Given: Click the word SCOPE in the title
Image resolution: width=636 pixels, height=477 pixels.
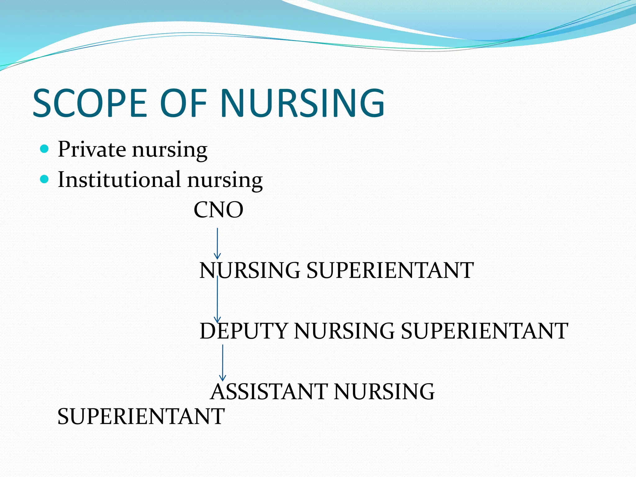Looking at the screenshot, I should [90, 103].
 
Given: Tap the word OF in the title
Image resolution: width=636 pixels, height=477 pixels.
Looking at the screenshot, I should [183, 103].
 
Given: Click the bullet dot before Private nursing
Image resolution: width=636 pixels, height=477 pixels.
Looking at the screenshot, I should [45, 149].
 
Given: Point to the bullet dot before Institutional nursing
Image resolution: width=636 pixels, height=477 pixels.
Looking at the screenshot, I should [45, 179].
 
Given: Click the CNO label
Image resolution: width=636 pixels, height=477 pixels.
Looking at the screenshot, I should [218, 210].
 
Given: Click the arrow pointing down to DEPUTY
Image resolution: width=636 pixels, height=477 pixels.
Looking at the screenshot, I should [217, 300].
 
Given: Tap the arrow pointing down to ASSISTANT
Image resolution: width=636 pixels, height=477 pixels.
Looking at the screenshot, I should [223, 362].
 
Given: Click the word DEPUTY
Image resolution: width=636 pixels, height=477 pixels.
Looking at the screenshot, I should [243, 331].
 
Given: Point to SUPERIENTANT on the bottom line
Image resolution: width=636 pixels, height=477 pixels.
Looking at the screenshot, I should [141, 416].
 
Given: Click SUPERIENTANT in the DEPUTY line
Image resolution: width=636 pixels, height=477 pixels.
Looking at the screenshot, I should [484, 331].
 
